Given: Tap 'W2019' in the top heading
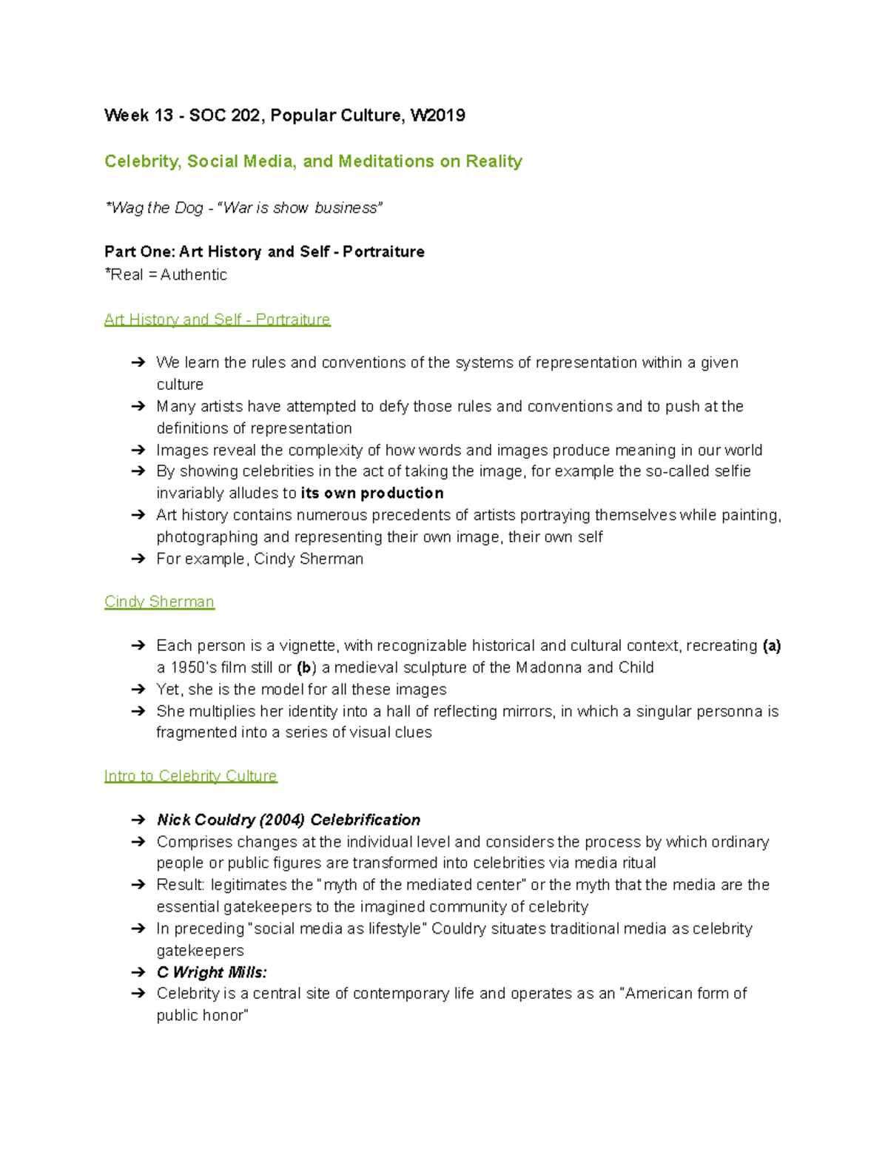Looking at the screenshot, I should point(437,115).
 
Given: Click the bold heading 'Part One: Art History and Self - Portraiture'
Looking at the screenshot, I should point(264,252).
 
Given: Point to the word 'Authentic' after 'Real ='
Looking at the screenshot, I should point(194,274).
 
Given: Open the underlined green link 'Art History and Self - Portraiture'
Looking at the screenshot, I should point(217,320).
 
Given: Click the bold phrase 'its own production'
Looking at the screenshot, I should point(372,493).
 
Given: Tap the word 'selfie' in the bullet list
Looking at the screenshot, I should point(731,471).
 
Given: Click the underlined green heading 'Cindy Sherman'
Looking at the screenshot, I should point(159,602).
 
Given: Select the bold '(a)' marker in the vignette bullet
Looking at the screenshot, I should point(772,646).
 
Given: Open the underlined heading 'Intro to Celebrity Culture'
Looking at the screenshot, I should point(190,776).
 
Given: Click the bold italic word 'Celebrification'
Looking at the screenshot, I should point(365,820).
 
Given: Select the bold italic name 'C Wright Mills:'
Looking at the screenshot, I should point(212,972).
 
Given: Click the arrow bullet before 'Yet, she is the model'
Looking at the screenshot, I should point(138,690).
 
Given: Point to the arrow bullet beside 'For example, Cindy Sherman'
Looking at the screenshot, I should point(138,559).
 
